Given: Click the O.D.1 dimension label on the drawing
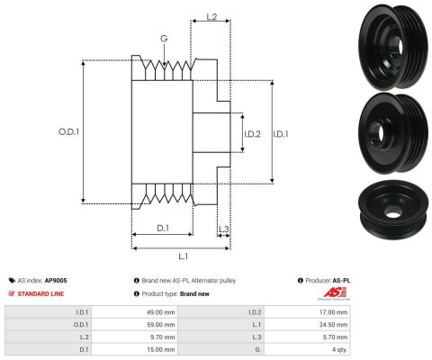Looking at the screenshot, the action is [68, 132].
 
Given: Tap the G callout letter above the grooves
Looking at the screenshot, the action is [164, 39].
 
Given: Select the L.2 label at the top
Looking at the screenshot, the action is [211, 17].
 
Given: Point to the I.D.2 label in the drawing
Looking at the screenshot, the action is [252, 134].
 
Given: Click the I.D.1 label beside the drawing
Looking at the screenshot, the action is [281, 134].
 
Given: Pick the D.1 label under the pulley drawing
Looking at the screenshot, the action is [163, 228].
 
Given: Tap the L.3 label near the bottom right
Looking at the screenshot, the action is [223, 229].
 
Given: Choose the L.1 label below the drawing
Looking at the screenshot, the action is [183, 256].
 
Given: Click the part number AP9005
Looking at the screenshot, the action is [56, 281].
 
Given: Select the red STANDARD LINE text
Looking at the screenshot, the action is [40, 293].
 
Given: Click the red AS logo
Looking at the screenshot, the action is [335, 293].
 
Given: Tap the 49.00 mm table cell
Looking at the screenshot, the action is [161, 312].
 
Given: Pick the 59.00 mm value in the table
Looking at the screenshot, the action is [161, 325].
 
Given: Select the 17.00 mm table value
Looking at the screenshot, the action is [333, 312].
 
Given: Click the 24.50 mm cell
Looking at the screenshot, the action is [333, 325].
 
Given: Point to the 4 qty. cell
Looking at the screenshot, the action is [339, 349].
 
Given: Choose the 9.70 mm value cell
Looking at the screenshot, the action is [162, 337].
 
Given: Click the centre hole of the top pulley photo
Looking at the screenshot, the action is [400, 45].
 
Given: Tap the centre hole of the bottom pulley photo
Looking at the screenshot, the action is [393, 214].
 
